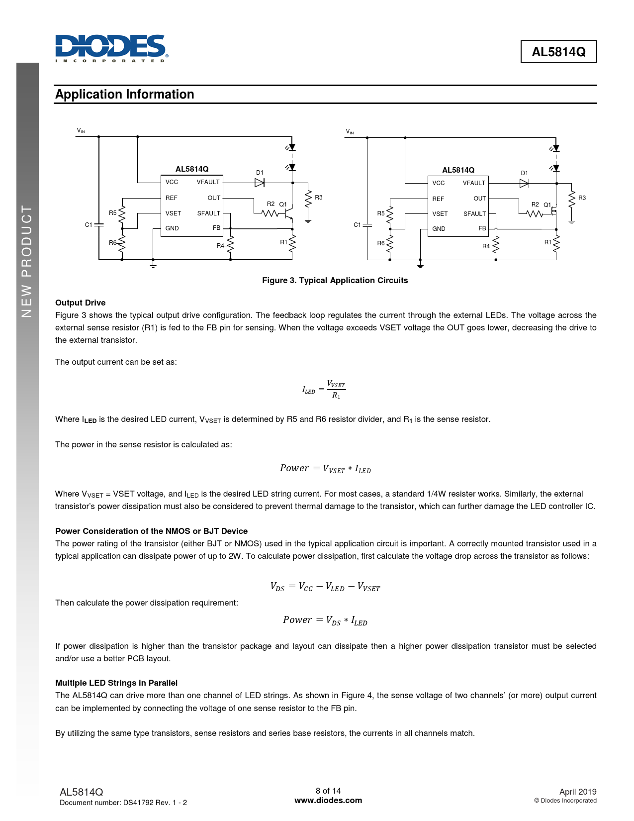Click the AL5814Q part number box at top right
click(558, 52)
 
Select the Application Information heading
click(125, 95)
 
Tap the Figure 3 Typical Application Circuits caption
click(335, 281)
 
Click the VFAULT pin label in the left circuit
click(208, 182)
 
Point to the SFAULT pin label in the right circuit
click(474, 214)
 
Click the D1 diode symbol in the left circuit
click(259, 183)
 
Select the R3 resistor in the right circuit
click(572, 198)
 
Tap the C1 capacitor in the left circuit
click(98, 224)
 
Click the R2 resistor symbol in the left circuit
click(270, 213)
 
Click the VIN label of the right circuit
click(350, 132)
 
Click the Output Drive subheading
click(81, 303)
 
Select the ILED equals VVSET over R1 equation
click(324, 390)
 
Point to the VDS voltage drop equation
click(325, 587)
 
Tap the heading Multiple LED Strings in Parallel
click(116, 683)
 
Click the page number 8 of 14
click(328, 791)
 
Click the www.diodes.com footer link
click(328, 801)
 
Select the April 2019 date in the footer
click(577, 792)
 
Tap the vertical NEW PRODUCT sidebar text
click(27, 261)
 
